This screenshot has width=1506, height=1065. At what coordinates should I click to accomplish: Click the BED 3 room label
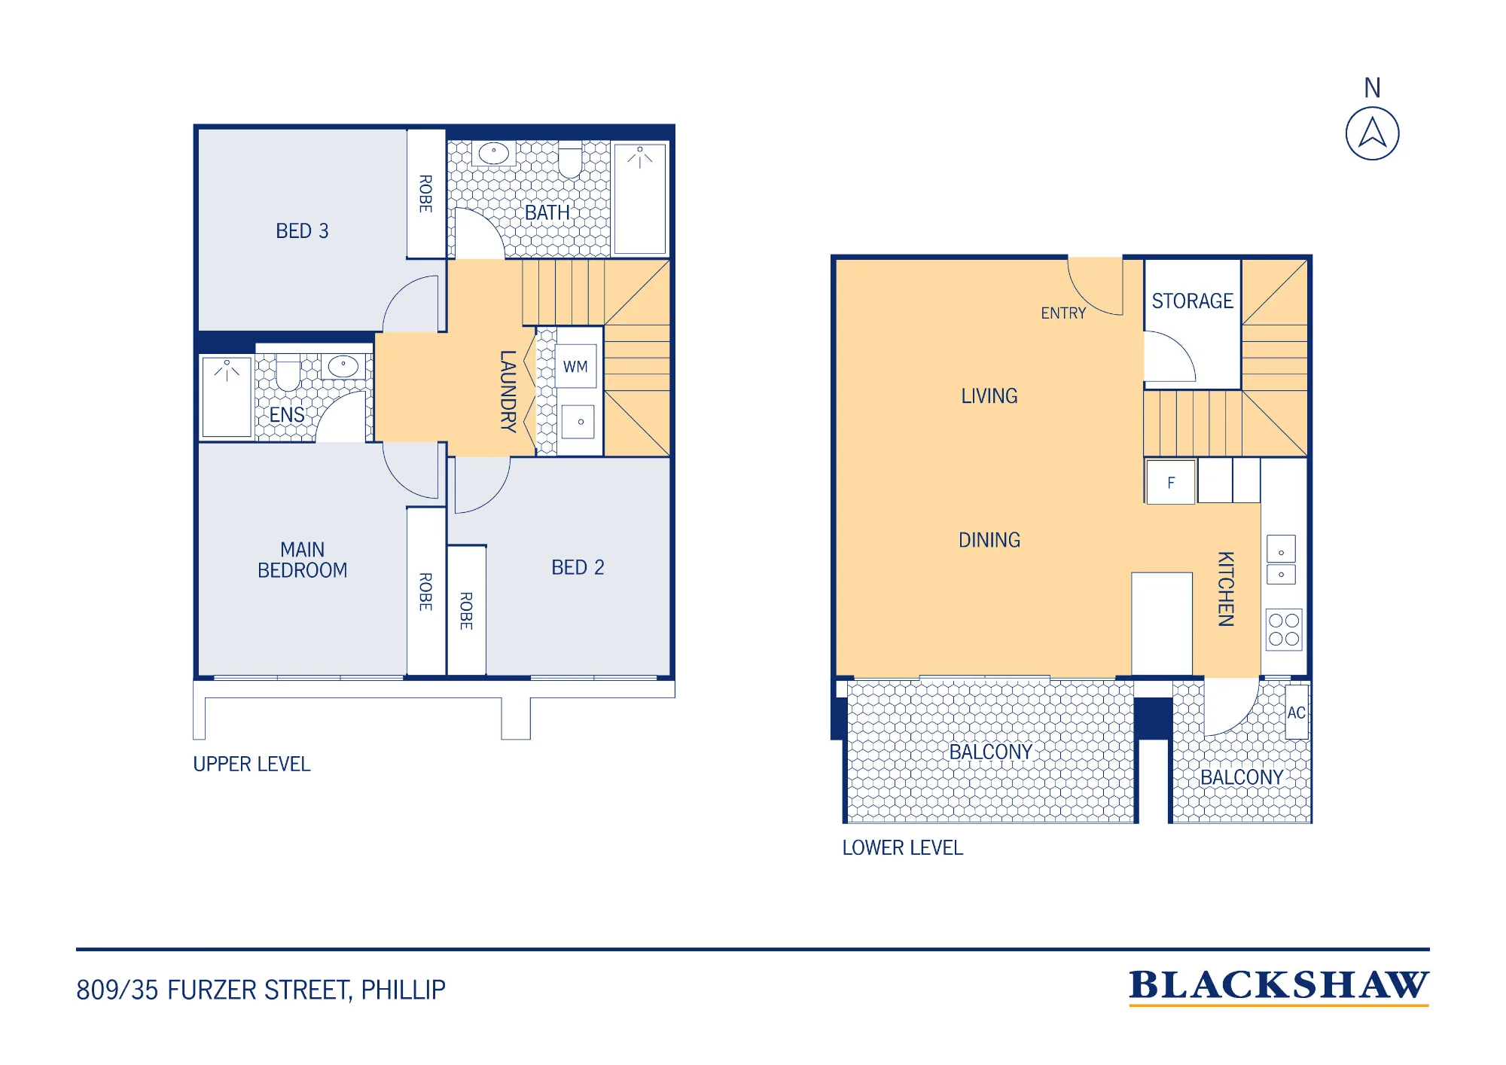(302, 230)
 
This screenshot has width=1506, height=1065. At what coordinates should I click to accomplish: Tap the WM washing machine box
(576, 366)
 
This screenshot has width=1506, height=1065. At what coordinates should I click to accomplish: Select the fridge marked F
(1170, 482)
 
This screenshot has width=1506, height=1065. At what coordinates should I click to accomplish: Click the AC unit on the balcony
(1296, 712)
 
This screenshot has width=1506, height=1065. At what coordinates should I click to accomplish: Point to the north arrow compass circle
(1372, 133)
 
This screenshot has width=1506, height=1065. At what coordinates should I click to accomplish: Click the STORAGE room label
(1192, 301)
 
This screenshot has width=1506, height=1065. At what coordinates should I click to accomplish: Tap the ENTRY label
(1063, 313)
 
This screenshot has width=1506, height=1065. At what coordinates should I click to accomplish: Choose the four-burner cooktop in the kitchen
(1284, 630)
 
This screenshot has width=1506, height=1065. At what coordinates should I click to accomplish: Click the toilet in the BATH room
(570, 160)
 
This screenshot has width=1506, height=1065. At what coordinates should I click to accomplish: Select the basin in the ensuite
(343, 366)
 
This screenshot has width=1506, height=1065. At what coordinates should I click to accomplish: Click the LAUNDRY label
(508, 391)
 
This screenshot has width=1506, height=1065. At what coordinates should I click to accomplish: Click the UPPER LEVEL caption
(252, 764)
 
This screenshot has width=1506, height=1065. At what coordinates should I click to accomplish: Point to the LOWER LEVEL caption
(902, 847)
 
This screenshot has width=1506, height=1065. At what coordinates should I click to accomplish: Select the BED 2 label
(578, 567)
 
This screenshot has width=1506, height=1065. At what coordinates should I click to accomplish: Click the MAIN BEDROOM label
(302, 560)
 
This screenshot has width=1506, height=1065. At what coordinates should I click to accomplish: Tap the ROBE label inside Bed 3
(425, 194)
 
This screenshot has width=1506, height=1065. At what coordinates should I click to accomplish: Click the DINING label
(989, 539)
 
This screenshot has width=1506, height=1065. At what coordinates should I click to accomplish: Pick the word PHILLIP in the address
(403, 989)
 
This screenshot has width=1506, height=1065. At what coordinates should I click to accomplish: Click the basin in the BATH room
(494, 153)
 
